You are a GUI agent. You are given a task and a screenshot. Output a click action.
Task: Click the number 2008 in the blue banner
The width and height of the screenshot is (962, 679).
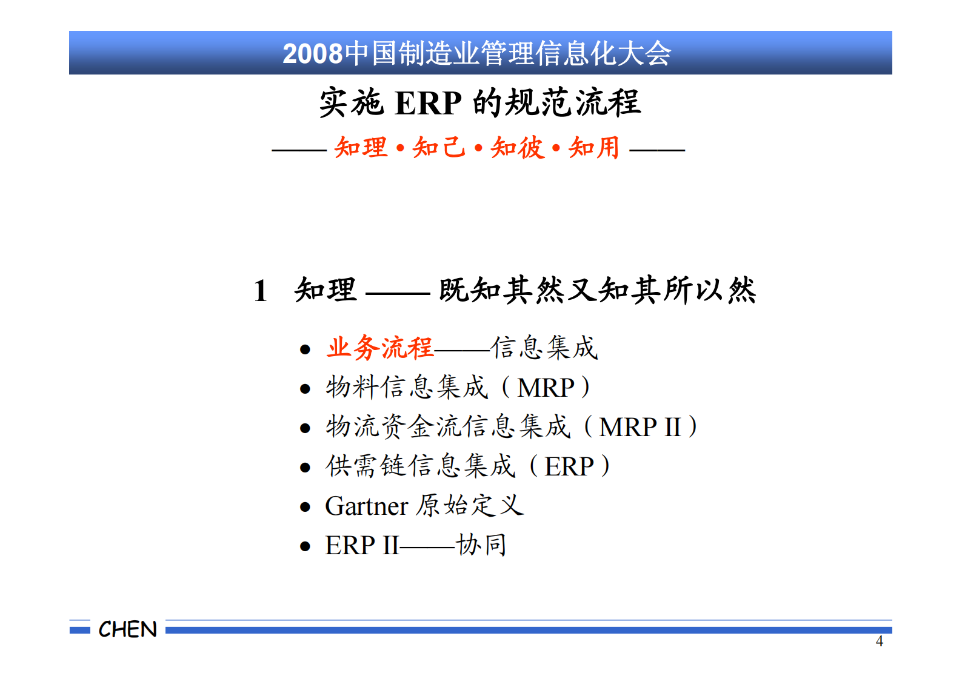click(313, 54)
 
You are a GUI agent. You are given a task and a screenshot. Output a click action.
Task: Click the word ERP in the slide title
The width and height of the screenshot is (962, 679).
click(428, 103)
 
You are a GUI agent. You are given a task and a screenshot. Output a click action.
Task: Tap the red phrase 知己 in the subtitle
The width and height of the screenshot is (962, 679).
click(438, 148)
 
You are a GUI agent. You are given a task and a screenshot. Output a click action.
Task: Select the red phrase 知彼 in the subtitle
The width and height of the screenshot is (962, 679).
click(517, 148)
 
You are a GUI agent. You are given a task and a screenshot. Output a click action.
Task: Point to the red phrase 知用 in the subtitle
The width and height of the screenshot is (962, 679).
click(594, 148)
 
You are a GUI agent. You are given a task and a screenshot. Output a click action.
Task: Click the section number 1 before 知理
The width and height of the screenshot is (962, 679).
click(261, 291)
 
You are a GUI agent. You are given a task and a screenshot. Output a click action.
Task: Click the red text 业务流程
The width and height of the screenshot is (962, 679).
click(380, 348)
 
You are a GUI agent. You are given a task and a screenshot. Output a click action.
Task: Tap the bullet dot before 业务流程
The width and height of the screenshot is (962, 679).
click(305, 349)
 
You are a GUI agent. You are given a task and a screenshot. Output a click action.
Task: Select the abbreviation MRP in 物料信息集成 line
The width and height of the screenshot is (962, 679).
click(546, 388)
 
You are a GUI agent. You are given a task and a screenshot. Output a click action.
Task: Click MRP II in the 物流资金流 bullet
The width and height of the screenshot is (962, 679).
click(640, 427)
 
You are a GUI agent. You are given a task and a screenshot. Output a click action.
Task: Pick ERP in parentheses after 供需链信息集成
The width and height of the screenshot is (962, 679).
click(569, 466)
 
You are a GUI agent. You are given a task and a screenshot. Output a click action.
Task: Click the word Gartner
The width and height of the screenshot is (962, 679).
click(366, 506)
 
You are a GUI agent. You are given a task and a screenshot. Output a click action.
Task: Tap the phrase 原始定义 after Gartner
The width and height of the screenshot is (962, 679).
click(470, 505)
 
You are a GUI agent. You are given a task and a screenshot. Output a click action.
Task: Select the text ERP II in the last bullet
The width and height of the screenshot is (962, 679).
click(362, 545)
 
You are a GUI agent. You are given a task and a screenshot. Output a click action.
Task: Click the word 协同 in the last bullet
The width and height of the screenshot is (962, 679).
click(481, 545)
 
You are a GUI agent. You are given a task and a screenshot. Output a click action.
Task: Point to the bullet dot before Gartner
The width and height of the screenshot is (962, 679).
click(305, 508)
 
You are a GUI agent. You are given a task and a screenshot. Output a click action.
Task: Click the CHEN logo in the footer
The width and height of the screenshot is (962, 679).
click(127, 629)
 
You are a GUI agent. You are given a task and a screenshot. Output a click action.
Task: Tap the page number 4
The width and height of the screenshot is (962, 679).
click(880, 641)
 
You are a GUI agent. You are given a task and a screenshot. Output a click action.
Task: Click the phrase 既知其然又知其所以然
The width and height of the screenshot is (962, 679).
click(598, 290)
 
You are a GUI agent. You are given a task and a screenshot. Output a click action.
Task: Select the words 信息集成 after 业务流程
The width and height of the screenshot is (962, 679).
click(544, 348)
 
